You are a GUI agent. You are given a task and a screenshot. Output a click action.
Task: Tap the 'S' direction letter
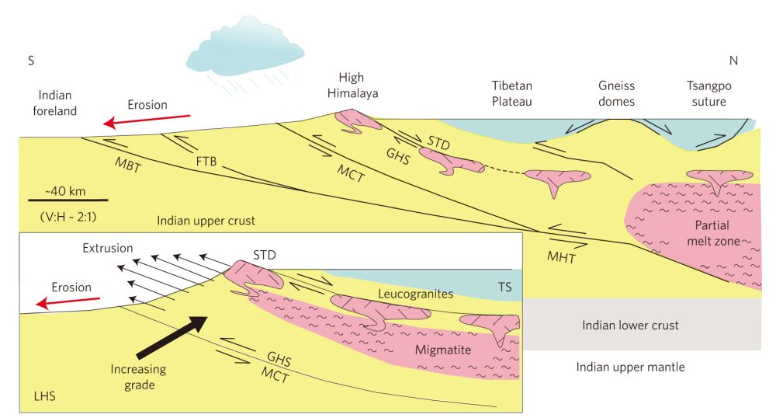click(x=31, y=61)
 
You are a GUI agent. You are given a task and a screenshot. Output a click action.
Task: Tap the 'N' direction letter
click(x=733, y=61)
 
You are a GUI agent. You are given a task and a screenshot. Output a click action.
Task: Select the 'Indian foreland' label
click(x=54, y=103)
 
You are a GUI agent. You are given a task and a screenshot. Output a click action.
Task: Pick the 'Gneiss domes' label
click(x=616, y=93)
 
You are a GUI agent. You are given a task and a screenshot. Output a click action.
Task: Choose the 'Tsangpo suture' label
click(x=706, y=93)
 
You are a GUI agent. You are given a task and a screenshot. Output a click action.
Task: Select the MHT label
click(x=561, y=258)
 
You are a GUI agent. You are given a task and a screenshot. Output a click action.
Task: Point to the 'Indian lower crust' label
click(x=630, y=325)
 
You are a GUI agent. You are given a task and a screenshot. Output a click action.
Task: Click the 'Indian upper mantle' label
click(x=630, y=367)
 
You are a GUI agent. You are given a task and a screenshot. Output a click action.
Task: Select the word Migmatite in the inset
click(x=442, y=350)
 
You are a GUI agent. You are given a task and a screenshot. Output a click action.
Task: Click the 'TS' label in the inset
click(x=504, y=288)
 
